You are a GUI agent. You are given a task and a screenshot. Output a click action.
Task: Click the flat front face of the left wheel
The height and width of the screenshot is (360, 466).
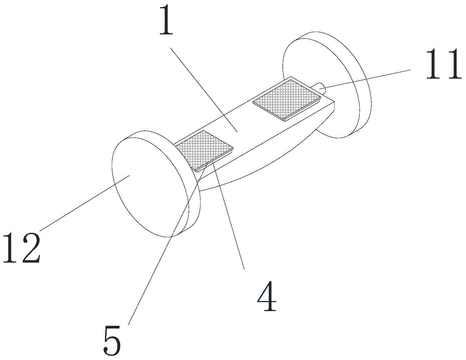(144, 187)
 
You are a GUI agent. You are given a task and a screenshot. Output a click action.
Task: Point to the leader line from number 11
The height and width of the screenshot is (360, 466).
(368, 77)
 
